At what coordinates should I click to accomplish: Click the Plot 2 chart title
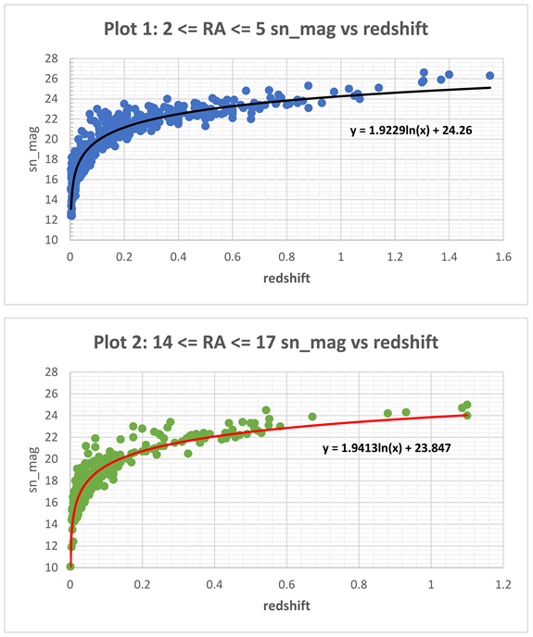tap(266, 343)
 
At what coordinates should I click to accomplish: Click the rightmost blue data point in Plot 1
tap(489, 75)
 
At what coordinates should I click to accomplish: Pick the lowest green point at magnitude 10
tap(70, 566)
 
